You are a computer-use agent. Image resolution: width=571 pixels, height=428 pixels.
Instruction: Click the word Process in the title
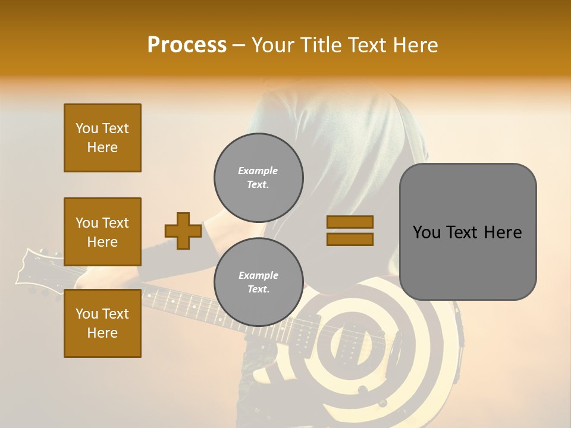[187, 45]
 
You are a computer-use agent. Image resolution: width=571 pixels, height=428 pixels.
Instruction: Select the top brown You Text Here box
[102, 138]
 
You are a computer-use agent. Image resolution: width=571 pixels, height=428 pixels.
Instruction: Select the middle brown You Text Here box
[102, 232]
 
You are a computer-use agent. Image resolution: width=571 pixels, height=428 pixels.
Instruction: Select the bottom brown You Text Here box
[102, 323]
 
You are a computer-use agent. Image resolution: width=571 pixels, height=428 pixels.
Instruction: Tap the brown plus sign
[183, 231]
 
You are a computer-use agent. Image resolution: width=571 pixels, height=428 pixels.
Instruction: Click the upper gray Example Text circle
[258, 178]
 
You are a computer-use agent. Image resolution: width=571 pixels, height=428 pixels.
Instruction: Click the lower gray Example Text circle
[258, 282]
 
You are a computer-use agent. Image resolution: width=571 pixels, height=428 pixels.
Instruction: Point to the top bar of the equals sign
[350, 222]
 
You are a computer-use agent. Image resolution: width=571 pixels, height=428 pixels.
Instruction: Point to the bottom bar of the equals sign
[350, 239]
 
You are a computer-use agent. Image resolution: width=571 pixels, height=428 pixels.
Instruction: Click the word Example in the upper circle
[258, 171]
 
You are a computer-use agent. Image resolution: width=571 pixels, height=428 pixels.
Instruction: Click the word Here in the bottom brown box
[102, 333]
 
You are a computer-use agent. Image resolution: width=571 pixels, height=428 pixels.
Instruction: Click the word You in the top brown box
[87, 128]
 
